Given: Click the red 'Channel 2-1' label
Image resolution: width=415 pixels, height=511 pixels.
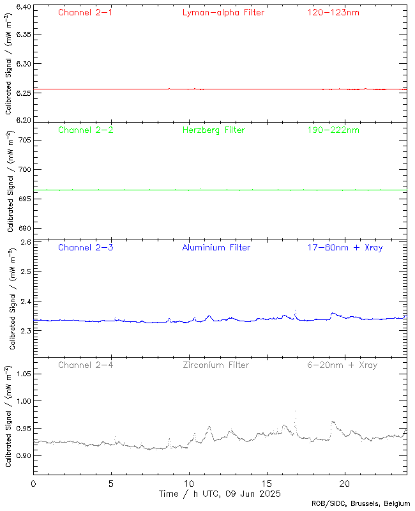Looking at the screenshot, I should (86, 12).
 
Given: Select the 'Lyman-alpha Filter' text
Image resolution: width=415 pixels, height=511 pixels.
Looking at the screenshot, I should (223, 12).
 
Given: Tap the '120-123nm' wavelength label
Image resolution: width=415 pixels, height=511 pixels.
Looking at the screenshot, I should (333, 12).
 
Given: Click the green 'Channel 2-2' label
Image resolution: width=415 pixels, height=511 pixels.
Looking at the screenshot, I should (86, 130).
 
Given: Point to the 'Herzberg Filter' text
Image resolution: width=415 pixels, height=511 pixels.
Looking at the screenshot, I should (214, 130).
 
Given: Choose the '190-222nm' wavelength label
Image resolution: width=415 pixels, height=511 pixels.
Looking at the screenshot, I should (333, 130).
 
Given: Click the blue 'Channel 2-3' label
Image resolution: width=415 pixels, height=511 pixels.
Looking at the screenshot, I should (86, 247).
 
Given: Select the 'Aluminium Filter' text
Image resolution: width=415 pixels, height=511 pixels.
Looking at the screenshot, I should (216, 247).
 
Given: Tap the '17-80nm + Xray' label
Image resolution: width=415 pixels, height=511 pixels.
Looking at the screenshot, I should (345, 247).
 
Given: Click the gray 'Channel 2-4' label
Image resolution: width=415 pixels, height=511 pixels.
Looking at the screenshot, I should (86, 365).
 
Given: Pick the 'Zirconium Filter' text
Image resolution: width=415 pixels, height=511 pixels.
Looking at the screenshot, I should (216, 365).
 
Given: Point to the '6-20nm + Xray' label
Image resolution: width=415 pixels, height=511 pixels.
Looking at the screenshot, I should (342, 365).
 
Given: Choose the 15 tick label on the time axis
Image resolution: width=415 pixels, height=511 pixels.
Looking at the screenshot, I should (266, 484).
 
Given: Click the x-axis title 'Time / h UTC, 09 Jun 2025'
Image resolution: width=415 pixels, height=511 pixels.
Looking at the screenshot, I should (219, 494).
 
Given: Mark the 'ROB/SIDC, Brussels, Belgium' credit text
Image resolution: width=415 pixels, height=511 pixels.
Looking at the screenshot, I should (361, 504).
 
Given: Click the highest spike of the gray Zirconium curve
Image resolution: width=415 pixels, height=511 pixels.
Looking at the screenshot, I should (295, 412).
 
